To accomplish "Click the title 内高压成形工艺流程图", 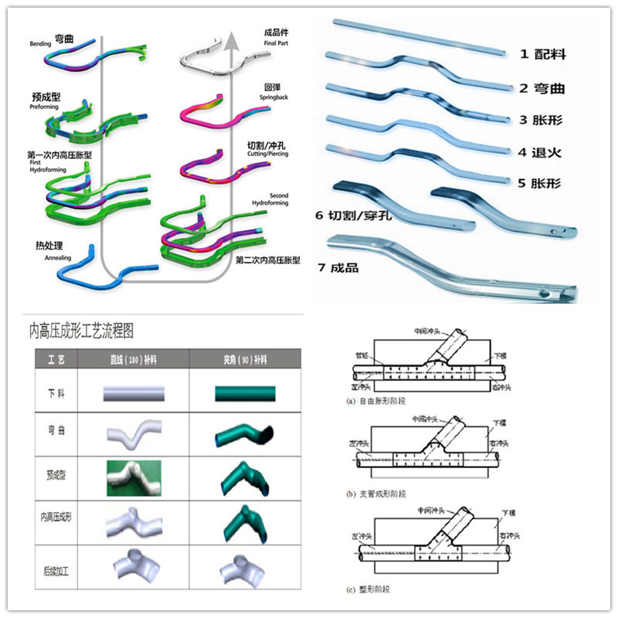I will (x=81, y=331).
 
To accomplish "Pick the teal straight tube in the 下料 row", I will (x=245, y=394).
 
